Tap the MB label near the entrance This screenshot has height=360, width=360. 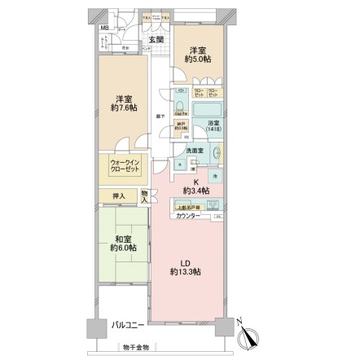[x=103, y=35]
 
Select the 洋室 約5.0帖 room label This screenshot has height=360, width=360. [x=198, y=55]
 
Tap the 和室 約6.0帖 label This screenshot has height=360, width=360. [x=119, y=242]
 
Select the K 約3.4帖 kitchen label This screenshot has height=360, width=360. [x=195, y=187]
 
